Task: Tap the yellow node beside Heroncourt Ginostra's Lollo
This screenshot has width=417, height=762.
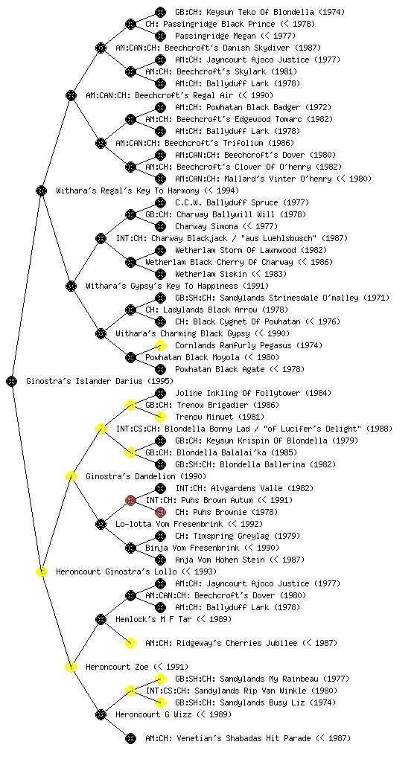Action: coord(41,571)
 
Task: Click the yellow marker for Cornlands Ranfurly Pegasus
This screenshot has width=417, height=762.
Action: coord(160,345)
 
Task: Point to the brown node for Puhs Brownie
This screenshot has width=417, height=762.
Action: coord(160,512)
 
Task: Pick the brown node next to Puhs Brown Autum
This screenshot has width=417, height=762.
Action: coord(130,500)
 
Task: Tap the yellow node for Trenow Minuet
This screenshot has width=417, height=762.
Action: coord(160,417)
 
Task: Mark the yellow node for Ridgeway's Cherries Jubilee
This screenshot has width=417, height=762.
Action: coord(130,643)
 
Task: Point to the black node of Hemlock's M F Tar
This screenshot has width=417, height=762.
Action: coord(101,619)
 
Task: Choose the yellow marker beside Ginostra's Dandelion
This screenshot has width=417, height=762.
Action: coord(71,476)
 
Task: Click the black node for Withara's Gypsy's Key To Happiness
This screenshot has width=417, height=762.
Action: coord(71,286)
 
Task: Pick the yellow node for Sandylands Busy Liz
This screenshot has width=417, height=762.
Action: coord(160,702)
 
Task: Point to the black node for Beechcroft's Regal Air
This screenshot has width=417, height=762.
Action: coord(71,95)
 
